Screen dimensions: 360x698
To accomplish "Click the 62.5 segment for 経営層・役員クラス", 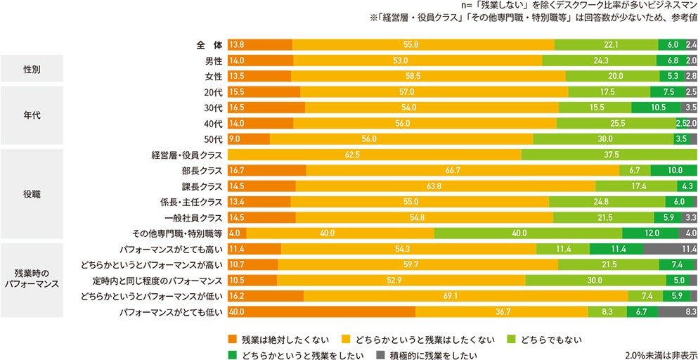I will click(374, 155).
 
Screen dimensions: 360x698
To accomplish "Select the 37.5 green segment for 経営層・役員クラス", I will click(609, 155).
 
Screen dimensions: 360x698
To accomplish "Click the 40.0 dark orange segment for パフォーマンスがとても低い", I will click(321, 311).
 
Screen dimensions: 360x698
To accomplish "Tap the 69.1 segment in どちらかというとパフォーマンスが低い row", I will click(465, 296).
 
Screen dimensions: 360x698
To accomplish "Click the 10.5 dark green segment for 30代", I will click(655, 108).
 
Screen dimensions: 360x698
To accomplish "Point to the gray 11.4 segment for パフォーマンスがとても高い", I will click(670, 249).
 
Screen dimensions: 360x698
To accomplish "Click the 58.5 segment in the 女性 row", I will click(428, 77).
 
